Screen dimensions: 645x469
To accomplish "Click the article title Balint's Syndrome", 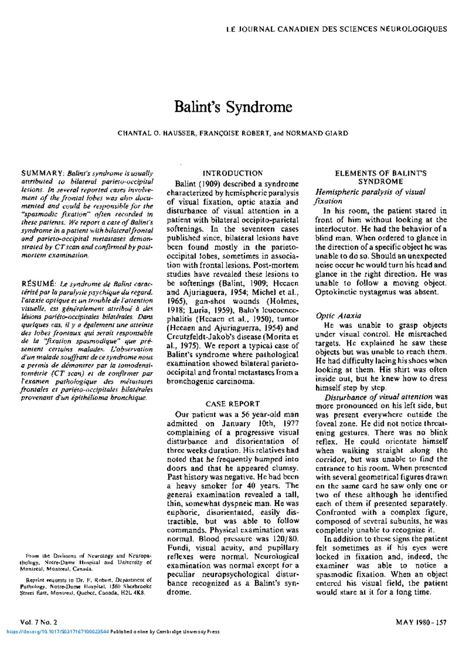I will click(x=233, y=107).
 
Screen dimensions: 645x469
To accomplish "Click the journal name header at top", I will click(x=337, y=29).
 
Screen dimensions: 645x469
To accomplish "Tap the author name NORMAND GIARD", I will click(x=317, y=133).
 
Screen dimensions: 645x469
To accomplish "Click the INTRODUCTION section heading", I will click(x=233, y=173).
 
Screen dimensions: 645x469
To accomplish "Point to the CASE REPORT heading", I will click(x=233, y=404).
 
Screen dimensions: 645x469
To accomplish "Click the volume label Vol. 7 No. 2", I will click(x=39, y=622).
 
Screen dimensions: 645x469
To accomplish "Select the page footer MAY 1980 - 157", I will click(x=421, y=622).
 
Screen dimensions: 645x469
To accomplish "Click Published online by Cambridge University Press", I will click(x=165, y=631).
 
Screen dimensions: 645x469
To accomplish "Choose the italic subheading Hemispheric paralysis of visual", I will click(x=370, y=192).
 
